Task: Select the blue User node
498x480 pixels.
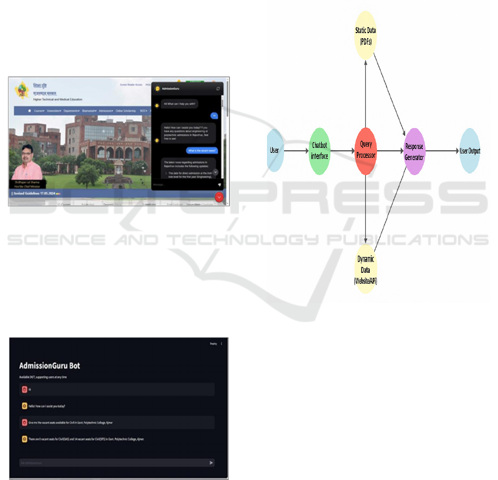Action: [x=275, y=151]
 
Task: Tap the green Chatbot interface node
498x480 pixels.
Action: [x=319, y=151]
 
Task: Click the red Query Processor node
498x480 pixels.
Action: [x=366, y=151]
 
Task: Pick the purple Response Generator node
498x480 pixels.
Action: [x=415, y=151]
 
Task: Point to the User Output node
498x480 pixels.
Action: [x=470, y=151]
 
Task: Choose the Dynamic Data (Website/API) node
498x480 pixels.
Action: [x=366, y=270]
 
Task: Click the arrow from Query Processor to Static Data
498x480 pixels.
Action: [x=366, y=88]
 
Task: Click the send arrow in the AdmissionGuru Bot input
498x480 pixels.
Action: [x=211, y=463]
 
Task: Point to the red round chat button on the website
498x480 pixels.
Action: [x=219, y=197]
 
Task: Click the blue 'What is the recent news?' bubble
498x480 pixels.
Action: [x=202, y=150]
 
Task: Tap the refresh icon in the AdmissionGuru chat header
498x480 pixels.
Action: [x=218, y=88]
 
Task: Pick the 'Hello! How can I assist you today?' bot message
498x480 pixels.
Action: [x=48, y=406]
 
